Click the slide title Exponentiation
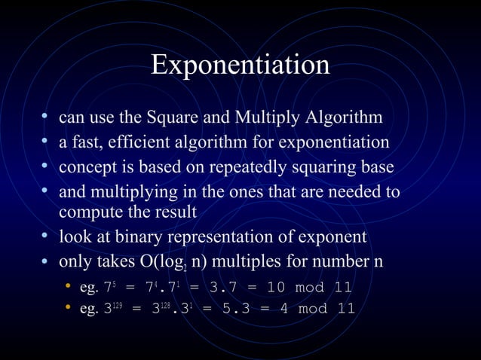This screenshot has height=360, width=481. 240,65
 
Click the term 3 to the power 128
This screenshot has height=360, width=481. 161,309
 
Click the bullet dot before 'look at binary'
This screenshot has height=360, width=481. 46,236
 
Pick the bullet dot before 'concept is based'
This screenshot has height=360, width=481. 46,166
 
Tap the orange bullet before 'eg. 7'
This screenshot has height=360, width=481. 67,287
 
